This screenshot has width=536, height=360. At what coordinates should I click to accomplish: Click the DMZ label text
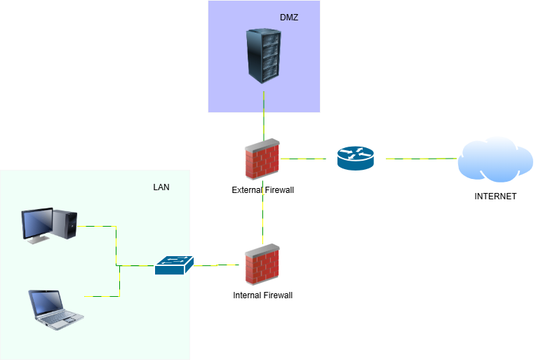pos(289,18)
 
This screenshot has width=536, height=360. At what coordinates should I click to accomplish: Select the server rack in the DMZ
pos(264,56)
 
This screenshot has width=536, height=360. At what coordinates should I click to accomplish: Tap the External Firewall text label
pos(262,190)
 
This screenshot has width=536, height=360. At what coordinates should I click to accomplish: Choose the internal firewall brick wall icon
pos(262,265)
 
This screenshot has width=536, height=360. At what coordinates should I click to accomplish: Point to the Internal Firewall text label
pos(262,295)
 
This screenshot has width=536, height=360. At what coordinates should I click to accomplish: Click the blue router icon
pos(356,158)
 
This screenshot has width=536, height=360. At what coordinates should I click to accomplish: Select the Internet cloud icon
pos(495,160)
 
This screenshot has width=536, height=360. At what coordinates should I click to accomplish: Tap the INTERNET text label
pos(495,196)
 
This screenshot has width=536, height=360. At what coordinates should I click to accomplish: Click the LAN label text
pos(161,187)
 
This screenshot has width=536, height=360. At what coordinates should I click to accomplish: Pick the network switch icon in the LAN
pos(174,265)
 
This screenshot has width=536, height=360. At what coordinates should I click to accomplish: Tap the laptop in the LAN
pos(55,309)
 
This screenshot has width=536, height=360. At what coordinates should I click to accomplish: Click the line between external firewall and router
pos(304,159)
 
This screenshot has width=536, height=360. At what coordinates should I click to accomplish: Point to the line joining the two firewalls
pos(263,218)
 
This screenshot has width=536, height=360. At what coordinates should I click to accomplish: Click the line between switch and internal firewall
pos(217,265)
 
